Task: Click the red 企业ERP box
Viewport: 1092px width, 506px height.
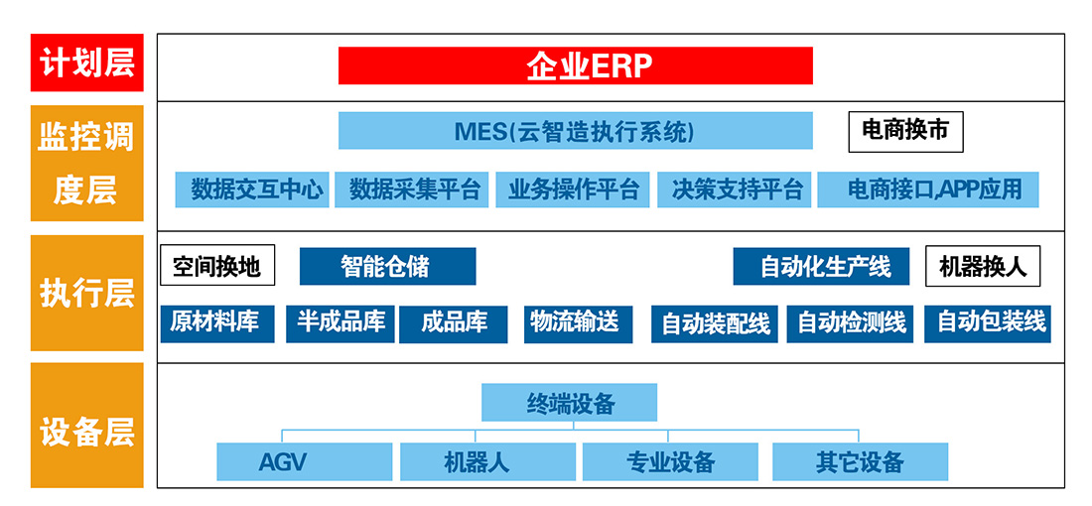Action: (x=575, y=65)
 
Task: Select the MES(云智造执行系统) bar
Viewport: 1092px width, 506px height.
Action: (x=575, y=130)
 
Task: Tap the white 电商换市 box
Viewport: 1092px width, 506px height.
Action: (x=905, y=132)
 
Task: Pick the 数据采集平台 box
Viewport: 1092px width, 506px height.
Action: (x=412, y=190)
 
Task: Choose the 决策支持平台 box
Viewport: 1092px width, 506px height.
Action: (x=734, y=190)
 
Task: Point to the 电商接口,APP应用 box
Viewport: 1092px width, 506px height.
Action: (x=928, y=190)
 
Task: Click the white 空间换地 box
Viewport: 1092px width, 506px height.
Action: (x=217, y=265)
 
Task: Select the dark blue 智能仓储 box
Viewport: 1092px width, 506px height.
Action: (x=388, y=266)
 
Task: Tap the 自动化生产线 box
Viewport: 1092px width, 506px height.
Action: (x=821, y=266)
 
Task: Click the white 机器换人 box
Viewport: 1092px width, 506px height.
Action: (x=983, y=266)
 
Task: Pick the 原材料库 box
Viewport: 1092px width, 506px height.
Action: (x=217, y=323)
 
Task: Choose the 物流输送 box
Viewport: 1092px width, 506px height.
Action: (x=579, y=323)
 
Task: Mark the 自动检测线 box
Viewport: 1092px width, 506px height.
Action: (x=852, y=323)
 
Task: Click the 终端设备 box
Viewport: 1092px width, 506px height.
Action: (x=570, y=402)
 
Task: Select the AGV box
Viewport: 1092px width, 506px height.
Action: (x=305, y=461)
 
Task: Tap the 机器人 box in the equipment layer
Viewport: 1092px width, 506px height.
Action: (x=487, y=461)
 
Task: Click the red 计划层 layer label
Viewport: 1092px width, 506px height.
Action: (x=87, y=63)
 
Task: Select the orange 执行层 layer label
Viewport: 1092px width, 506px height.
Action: (x=87, y=293)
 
